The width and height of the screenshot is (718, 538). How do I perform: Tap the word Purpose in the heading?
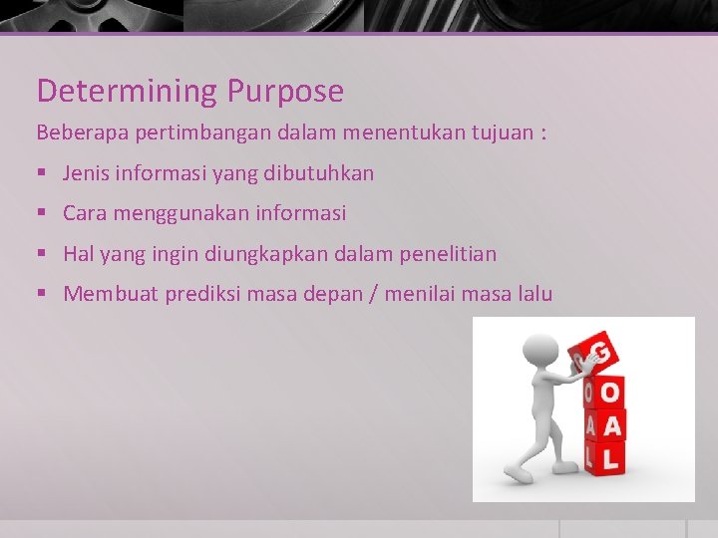285,92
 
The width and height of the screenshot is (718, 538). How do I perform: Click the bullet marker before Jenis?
41,174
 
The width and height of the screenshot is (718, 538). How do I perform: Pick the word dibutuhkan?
319,173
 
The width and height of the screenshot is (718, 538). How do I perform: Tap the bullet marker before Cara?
41,214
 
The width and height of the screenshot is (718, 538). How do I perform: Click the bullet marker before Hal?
41,255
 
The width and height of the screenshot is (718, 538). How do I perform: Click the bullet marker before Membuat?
41,295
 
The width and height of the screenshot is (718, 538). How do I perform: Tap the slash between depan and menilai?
371,294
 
